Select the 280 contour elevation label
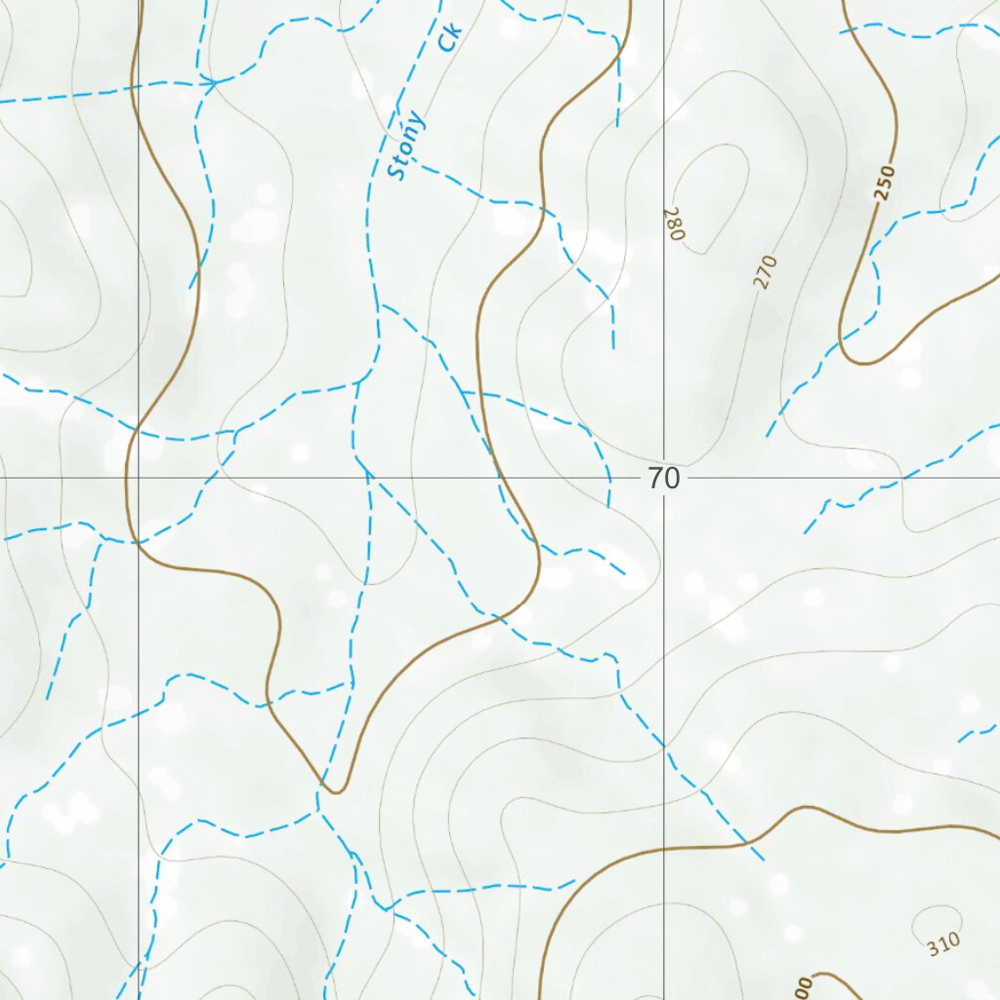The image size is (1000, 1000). [x=673, y=223]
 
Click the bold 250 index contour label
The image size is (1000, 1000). [x=884, y=183]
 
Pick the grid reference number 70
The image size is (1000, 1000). [x=663, y=479]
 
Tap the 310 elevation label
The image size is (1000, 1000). [x=944, y=944]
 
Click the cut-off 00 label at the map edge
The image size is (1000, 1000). [x=804, y=988]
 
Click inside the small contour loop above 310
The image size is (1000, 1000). [x=936, y=920]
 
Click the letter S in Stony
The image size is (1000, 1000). [x=396, y=172]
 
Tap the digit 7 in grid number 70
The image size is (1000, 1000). [x=655, y=479]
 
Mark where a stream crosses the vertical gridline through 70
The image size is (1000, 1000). [x=664, y=745]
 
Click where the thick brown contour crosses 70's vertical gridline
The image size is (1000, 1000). [x=664, y=848]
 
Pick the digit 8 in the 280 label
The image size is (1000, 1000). [x=673, y=223]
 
